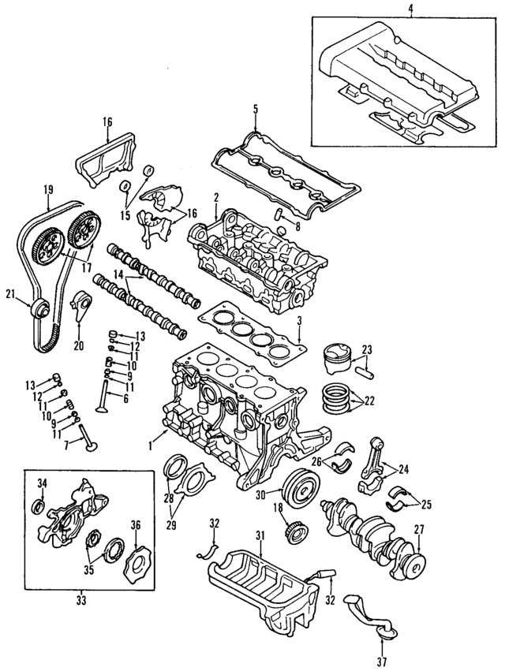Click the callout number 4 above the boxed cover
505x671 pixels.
(410, 9)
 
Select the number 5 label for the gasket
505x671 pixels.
(255, 108)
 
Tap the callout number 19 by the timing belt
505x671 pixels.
(48, 189)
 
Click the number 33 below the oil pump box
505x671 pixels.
(81, 601)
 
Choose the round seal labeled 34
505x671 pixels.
(39, 505)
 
